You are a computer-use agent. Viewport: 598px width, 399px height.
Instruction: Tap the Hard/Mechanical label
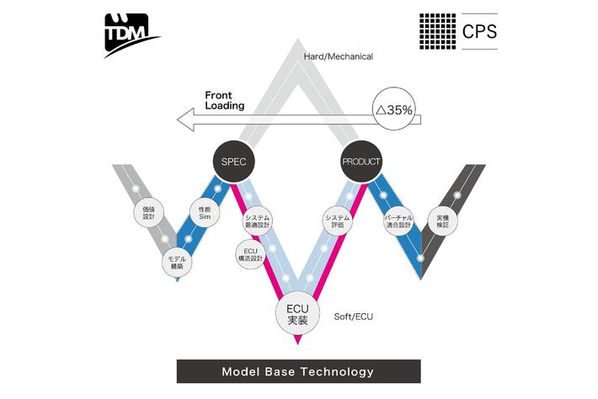(x=339, y=56)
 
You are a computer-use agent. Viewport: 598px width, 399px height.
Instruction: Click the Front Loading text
(x=225, y=100)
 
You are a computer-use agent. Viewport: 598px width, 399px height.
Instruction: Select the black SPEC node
(x=232, y=161)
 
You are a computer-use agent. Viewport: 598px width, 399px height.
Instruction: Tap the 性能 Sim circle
(x=204, y=214)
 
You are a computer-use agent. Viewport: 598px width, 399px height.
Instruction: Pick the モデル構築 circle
(x=177, y=262)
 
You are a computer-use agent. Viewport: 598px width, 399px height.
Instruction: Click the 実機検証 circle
(x=443, y=221)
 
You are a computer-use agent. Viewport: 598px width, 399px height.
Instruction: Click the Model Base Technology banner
(x=297, y=371)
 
